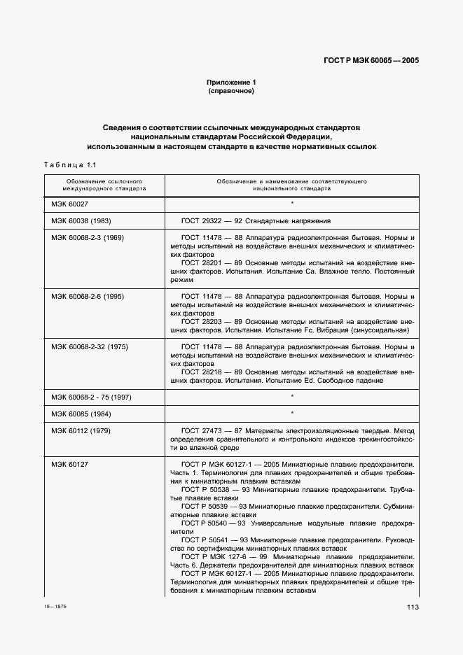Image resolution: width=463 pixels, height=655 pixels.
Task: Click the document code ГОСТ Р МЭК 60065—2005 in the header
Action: pyautogui.click(x=370, y=61)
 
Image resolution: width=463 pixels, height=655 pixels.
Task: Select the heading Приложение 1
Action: pyautogui.click(x=231, y=82)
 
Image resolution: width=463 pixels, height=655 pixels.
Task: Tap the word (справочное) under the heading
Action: pyautogui.click(x=231, y=91)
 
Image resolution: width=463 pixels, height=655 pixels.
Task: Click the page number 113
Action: pyautogui.click(x=412, y=607)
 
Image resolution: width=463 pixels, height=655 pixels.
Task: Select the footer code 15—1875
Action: pyautogui.click(x=54, y=603)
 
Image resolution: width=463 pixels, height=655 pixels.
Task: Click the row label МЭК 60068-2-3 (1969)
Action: pyautogui.click(x=87, y=238)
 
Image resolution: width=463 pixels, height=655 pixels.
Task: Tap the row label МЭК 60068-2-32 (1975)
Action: pyautogui.click(x=89, y=346)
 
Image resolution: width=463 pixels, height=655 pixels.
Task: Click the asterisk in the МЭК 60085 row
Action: pyautogui.click(x=291, y=413)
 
